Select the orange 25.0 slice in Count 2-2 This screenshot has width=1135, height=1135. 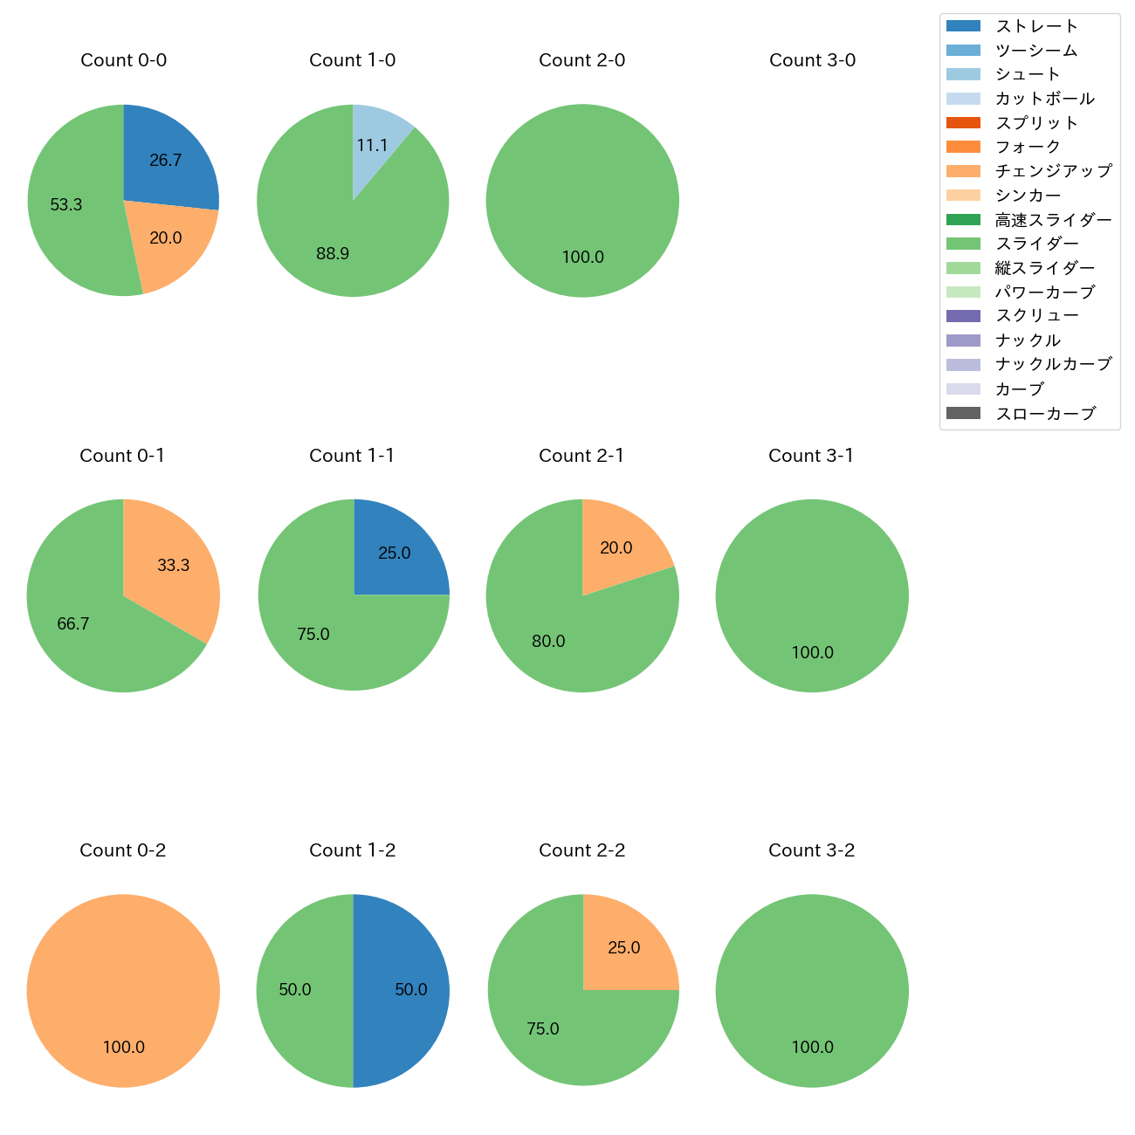[624, 947]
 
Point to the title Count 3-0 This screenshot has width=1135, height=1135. [812, 60]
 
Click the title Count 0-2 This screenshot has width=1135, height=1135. [123, 850]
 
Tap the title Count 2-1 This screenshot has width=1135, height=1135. [581, 456]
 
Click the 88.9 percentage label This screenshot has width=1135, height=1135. [333, 254]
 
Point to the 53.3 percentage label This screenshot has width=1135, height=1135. [66, 205]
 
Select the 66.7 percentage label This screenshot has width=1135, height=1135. [73, 624]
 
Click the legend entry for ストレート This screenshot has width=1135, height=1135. [1036, 26]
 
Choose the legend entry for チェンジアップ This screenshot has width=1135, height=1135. [1053, 171]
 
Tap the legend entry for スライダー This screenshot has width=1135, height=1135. [1036, 244]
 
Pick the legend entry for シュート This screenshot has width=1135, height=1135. [1028, 74]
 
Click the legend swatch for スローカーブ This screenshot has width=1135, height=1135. [963, 414]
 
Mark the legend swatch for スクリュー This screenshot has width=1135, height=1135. [963, 316]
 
